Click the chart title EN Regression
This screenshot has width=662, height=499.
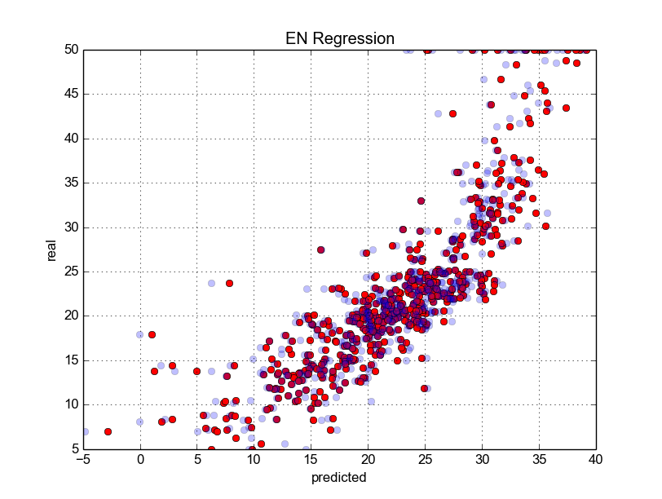coord(339,38)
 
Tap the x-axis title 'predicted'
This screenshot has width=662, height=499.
coord(339,478)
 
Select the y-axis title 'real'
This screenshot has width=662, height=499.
coord(51,249)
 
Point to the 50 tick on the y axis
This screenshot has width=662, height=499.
coord(71,50)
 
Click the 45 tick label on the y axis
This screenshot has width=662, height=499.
coord(71,95)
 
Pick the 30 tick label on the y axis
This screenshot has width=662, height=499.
coord(71,227)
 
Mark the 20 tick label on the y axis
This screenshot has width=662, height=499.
coord(71,316)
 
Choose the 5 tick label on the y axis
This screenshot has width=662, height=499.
coord(74,449)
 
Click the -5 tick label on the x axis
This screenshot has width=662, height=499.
coord(82,461)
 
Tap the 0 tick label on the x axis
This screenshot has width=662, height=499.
coord(140,461)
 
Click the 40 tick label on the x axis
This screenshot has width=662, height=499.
coord(596,461)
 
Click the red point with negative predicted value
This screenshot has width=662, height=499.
coord(108,431)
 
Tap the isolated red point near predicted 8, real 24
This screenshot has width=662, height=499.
coord(229,283)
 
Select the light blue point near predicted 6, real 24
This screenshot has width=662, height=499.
coord(211,283)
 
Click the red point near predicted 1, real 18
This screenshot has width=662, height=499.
coord(152,334)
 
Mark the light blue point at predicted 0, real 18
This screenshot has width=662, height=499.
coord(140,334)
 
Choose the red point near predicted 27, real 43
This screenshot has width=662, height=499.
coord(452,113)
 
